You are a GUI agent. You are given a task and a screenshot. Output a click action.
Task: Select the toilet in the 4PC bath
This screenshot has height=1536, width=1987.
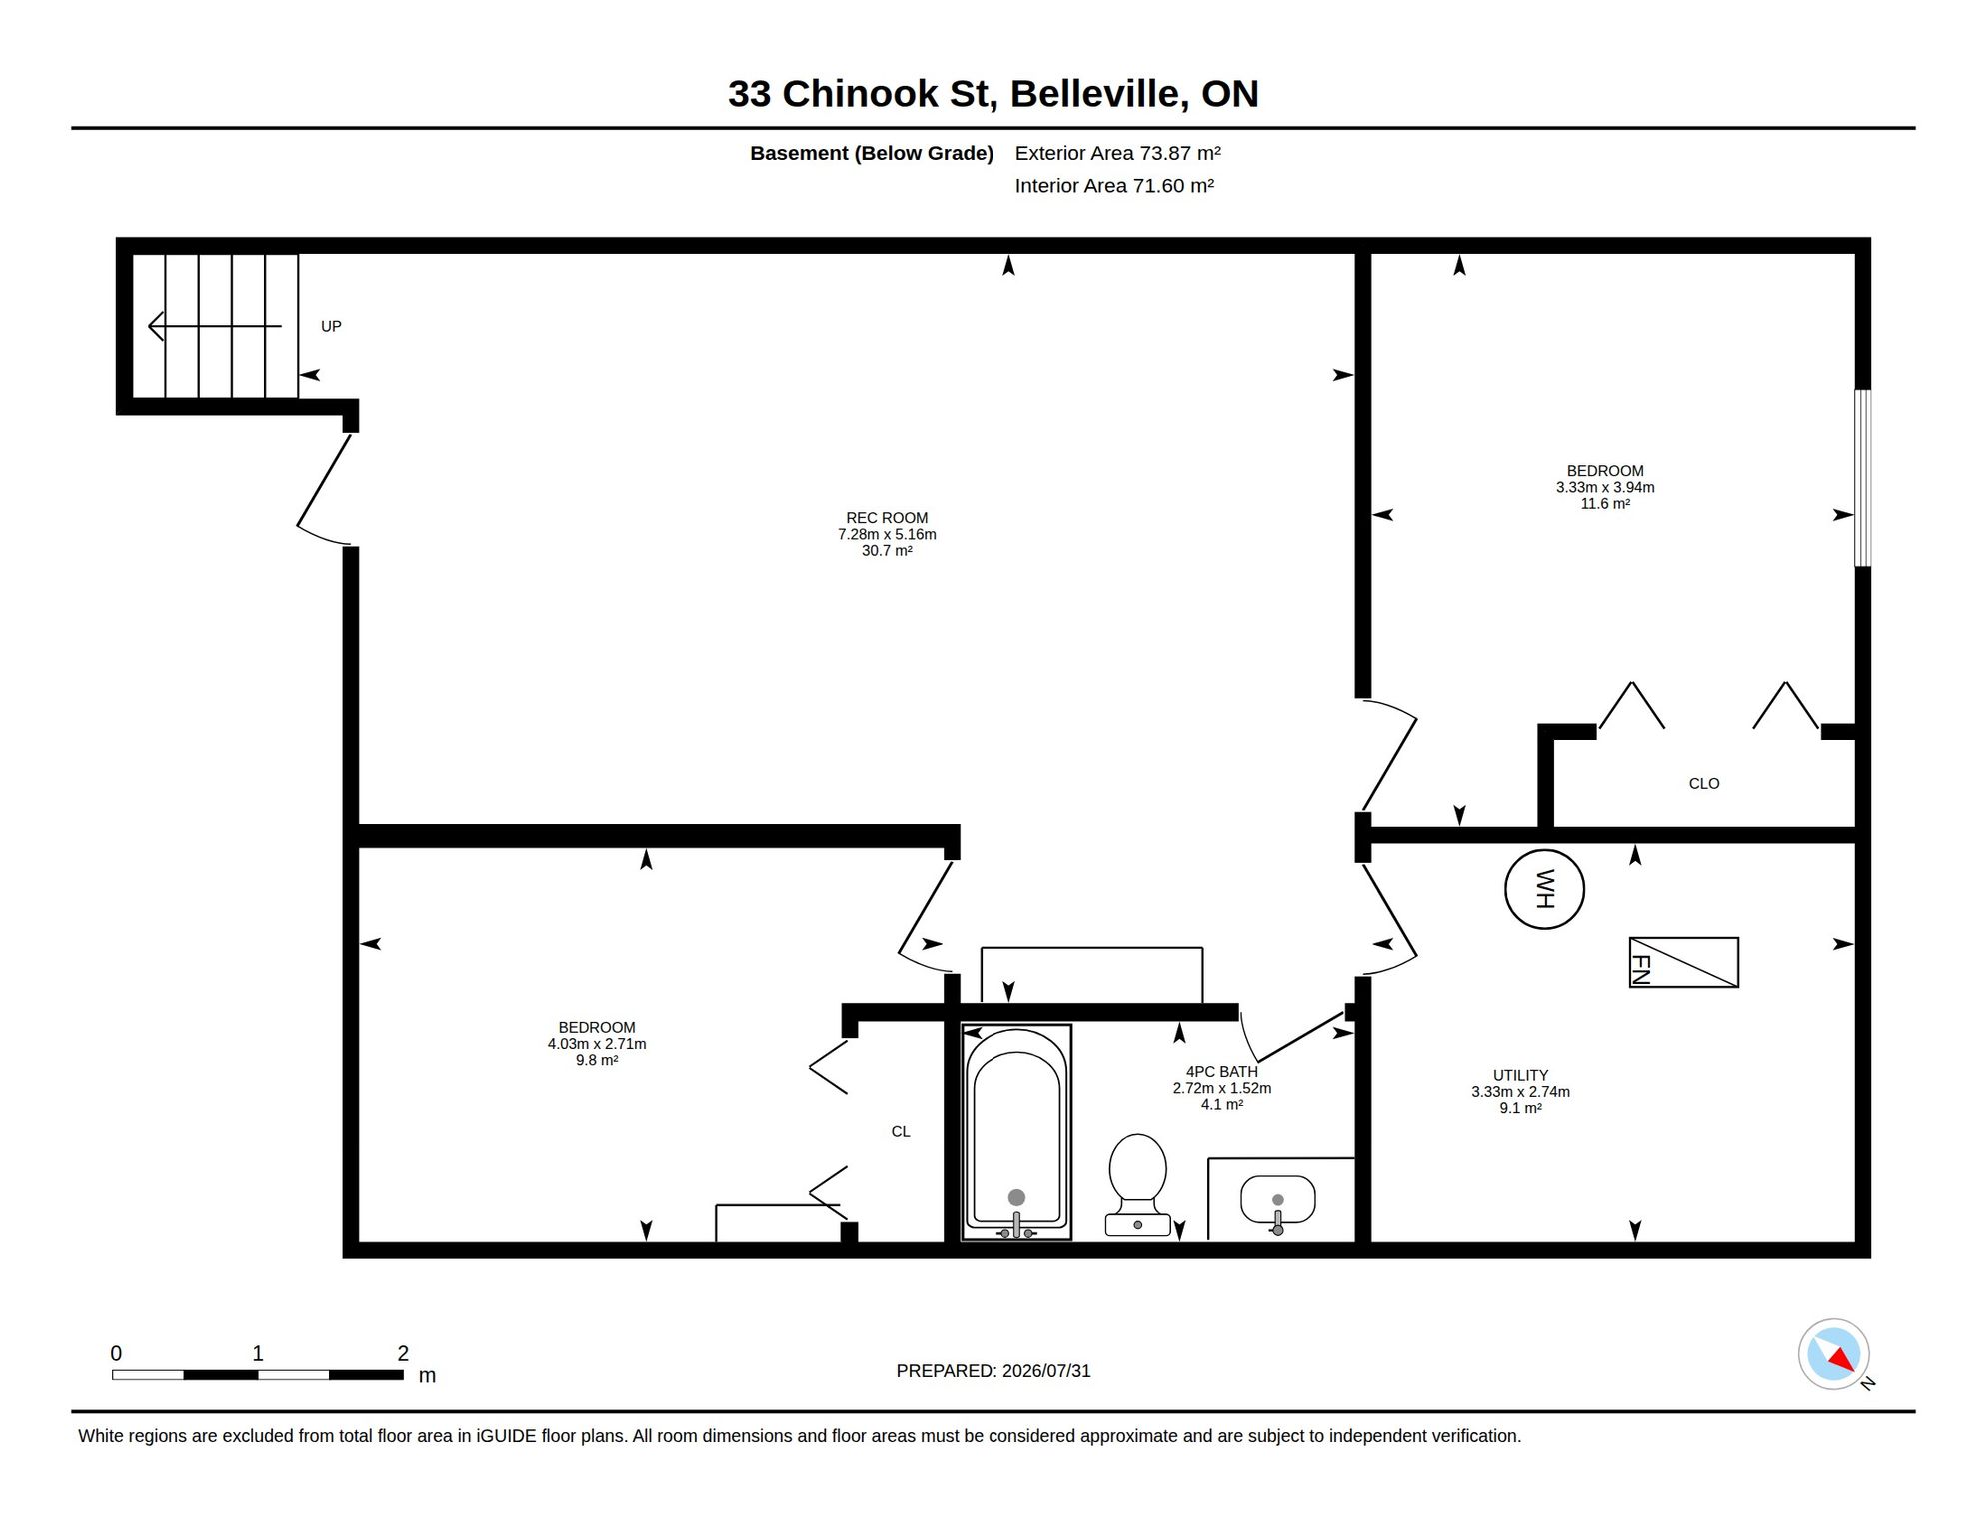click(1138, 1185)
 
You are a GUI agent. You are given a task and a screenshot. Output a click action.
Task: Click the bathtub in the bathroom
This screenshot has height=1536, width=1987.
click(1016, 1132)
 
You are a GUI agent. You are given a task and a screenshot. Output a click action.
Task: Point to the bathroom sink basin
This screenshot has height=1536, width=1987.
click(1277, 1200)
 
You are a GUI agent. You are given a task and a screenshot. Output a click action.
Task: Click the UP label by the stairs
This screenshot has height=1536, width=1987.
click(331, 326)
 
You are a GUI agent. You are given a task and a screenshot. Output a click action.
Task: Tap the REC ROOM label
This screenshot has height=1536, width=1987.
click(887, 518)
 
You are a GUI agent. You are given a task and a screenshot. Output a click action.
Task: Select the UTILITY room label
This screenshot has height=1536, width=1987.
click(1520, 1075)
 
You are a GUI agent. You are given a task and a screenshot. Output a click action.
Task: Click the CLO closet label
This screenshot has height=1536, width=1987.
click(1704, 784)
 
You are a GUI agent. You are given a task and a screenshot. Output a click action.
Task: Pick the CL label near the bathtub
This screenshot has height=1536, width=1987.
click(901, 1132)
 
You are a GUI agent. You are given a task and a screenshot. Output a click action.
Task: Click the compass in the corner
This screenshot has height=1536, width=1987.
click(1834, 1354)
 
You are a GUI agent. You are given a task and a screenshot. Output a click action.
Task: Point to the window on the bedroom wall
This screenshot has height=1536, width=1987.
click(1863, 478)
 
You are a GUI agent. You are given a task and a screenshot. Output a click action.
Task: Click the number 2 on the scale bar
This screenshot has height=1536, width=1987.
click(403, 1353)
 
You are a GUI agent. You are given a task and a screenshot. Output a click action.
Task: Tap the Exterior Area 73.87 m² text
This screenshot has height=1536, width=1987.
click(1118, 153)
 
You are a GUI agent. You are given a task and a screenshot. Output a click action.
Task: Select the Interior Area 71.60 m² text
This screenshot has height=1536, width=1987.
click(1114, 186)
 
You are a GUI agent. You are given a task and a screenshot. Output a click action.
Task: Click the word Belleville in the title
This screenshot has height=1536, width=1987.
click(1099, 94)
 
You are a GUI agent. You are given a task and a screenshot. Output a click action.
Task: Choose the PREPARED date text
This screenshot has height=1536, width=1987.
click(993, 1371)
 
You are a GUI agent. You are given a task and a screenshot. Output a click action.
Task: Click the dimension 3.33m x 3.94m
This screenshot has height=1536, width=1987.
click(1605, 488)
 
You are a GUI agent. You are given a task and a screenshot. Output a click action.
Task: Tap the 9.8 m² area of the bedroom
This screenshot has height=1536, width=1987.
click(597, 1060)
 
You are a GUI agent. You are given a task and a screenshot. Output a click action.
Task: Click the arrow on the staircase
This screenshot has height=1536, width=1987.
click(215, 326)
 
